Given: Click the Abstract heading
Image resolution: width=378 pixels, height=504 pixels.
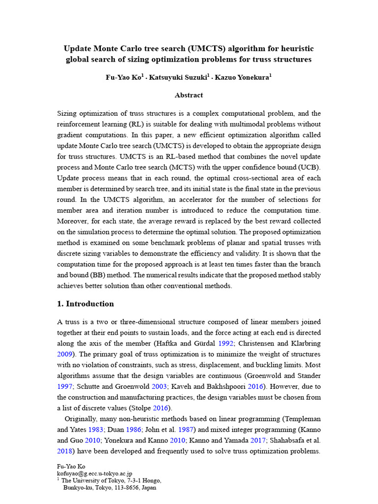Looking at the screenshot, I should tap(189, 95).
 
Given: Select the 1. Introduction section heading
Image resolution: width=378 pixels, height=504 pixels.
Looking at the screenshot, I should tap(86, 304).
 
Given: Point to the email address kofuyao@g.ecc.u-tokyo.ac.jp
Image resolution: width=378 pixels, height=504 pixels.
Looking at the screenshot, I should tap(94, 473).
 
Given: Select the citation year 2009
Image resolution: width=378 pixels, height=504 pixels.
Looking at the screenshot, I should tap(65, 354).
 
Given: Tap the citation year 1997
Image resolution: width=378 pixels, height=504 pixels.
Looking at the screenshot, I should tap(65, 387).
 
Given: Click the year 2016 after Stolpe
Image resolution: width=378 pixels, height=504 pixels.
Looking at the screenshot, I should tap(161, 409).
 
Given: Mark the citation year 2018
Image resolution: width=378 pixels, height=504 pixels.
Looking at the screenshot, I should tap(65, 452).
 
